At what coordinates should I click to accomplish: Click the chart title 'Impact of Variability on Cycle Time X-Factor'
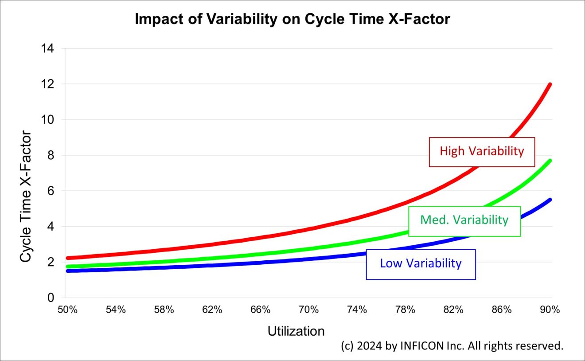tap(292, 20)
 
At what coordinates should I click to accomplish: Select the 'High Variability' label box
tap(482, 152)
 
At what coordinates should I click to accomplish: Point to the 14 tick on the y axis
tap(47, 48)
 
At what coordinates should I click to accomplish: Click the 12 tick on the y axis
tap(47, 84)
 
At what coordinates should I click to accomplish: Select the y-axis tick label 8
tap(50, 155)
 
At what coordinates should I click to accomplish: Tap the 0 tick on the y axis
tap(50, 298)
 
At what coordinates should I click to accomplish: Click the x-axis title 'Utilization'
tap(296, 331)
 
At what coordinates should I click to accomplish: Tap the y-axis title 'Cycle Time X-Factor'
tap(26, 196)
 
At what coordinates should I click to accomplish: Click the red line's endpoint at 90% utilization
tap(550, 84)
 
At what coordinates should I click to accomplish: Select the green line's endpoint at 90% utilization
tap(550, 161)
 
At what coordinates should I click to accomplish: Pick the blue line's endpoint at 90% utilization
tap(550, 200)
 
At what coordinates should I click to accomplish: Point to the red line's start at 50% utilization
tap(67, 258)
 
